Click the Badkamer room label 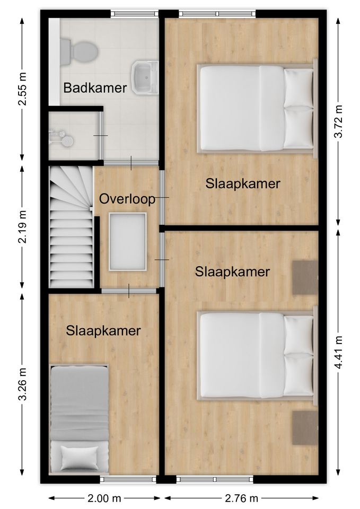click(x=95, y=88)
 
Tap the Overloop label click(x=127, y=199)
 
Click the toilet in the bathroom click(x=79, y=52)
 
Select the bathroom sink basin click(x=145, y=77)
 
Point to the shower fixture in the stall click(x=61, y=137)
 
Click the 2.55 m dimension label click(x=22, y=89)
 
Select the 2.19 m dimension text click(x=22, y=227)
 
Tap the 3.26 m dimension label click(x=22, y=384)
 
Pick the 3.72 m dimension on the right click(x=338, y=122)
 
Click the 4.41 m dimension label click(x=338, y=353)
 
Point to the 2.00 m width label click(x=104, y=498)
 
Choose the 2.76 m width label click(x=241, y=498)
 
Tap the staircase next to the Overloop click(x=72, y=227)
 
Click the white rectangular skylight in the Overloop click(x=128, y=242)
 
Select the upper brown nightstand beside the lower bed click(x=305, y=277)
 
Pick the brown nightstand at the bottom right click(x=305, y=428)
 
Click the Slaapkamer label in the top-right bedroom click(x=243, y=184)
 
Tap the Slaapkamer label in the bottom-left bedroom click(x=103, y=331)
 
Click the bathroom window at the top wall click(x=135, y=14)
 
